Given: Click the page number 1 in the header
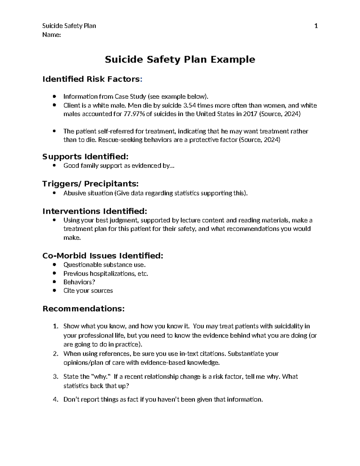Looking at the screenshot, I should coord(316,26).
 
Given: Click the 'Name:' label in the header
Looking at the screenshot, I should coord(52,35).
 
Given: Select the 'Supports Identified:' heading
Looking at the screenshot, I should coord(85,157).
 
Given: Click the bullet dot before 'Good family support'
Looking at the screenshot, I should coord(54,166).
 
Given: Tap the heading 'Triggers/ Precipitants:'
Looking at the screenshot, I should coord(90,184).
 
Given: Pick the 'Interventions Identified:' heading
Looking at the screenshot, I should coord(95,211).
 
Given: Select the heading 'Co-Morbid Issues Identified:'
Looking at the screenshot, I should coord(103,256).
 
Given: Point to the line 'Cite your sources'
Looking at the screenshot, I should coord(88,290).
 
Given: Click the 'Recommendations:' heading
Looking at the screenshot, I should coord(83,309).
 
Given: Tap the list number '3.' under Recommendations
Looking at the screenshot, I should coord(55,377).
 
